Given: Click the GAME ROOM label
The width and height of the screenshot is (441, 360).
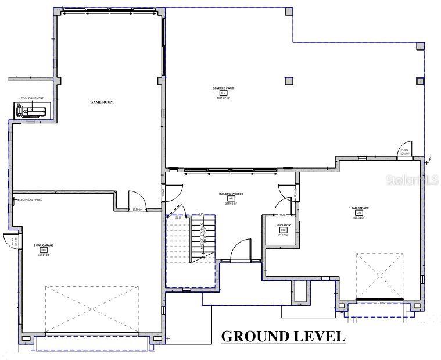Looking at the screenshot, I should coord(101,102).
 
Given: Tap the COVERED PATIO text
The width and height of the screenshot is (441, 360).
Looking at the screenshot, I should coord(223,88).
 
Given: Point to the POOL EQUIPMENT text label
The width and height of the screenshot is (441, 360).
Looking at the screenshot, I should coord(32,99).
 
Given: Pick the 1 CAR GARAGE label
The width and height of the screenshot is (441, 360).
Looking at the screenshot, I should coord(358,208).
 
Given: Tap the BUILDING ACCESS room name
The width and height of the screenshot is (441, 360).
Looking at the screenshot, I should coord(230,193).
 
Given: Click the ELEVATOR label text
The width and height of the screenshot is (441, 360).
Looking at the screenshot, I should coord(284,224).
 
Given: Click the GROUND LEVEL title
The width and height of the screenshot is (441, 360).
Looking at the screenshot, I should coord(283,336).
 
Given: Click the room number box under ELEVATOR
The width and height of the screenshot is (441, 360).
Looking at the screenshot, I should coord(284,230).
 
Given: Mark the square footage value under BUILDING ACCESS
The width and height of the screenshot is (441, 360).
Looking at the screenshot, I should coord(230,204).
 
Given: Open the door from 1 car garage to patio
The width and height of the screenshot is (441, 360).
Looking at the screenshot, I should coord(404,149).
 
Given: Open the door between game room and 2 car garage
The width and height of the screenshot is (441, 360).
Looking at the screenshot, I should coord(134,201).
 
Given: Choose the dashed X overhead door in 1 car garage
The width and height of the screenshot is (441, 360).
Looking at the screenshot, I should coord(379,276).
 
